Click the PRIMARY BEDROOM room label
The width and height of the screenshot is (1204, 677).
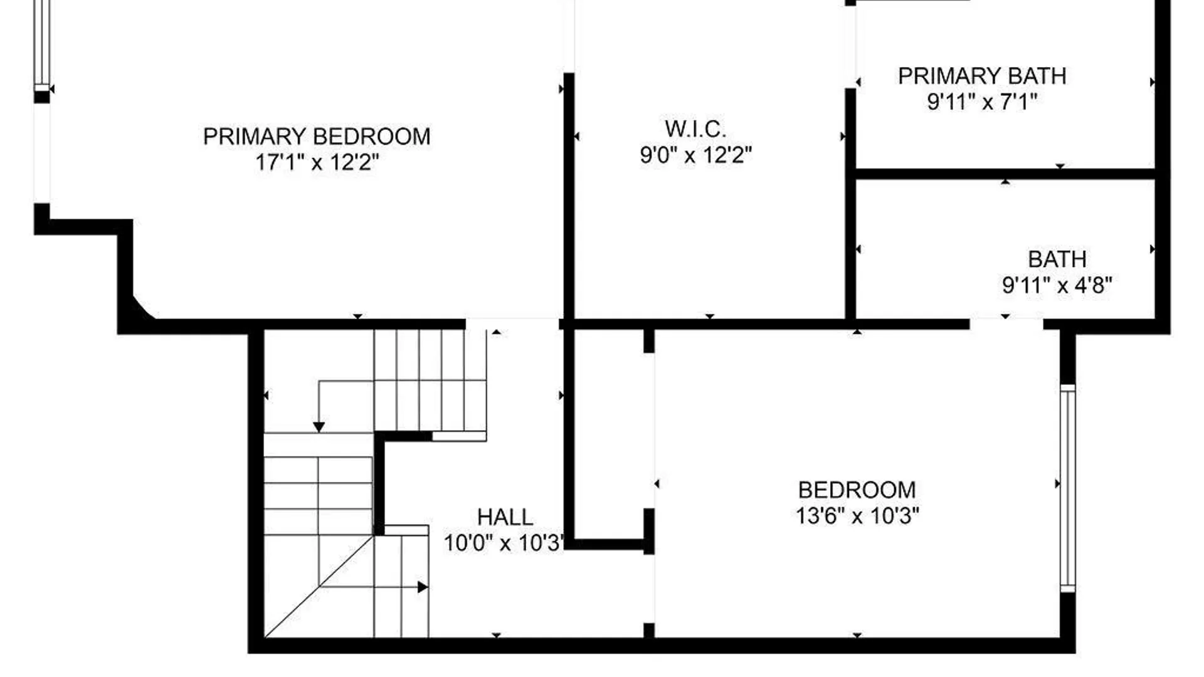[x=317, y=137]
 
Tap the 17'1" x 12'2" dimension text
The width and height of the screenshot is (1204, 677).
[x=317, y=162]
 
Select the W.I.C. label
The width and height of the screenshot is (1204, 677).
[x=695, y=129]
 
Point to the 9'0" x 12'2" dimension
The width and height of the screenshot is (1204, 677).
[x=695, y=155]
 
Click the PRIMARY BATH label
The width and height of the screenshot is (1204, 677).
[x=982, y=76]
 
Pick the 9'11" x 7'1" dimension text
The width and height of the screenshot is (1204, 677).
[x=982, y=102]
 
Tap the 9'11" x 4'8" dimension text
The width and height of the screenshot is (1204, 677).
[x=1057, y=285]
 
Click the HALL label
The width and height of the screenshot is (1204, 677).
[x=505, y=517]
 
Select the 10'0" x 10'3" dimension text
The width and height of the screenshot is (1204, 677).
[x=504, y=543]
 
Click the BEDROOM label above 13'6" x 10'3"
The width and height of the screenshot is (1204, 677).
[x=857, y=490]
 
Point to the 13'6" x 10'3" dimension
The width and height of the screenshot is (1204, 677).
[x=857, y=516]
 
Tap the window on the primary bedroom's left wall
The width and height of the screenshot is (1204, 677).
[x=42, y=44]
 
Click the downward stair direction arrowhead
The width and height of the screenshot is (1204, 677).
[x=319, y=428]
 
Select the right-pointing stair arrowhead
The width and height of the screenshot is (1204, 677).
[x=423, y=587]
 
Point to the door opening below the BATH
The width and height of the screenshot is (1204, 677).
[x=1006, y=323]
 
